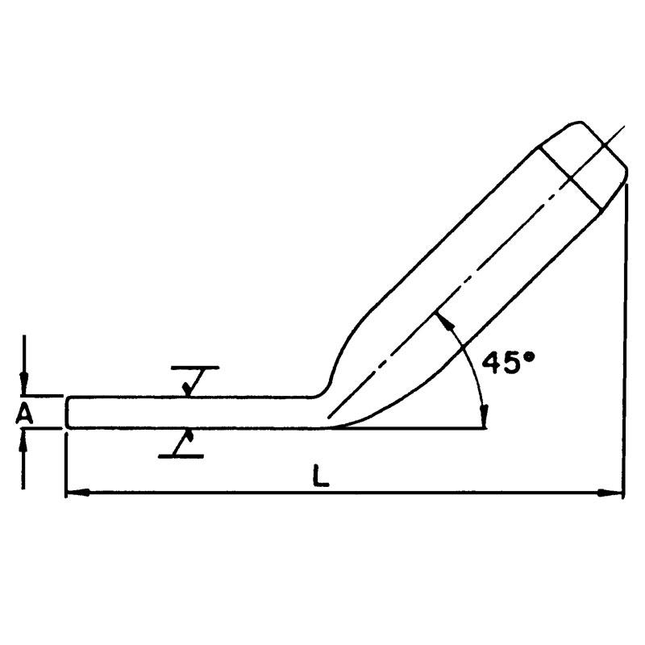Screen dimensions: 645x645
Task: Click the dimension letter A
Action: (x=25, y=414)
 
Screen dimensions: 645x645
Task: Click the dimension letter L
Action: (x=321, y=476)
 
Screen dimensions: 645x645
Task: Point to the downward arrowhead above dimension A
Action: (x=26, y=388)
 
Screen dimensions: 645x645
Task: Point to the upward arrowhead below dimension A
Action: (x=26, y=438)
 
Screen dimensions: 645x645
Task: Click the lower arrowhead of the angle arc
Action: (x=483, y=419)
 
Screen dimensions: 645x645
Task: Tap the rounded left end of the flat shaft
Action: (x=69, y=412)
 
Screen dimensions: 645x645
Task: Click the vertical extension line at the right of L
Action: (x=624, y=339)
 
